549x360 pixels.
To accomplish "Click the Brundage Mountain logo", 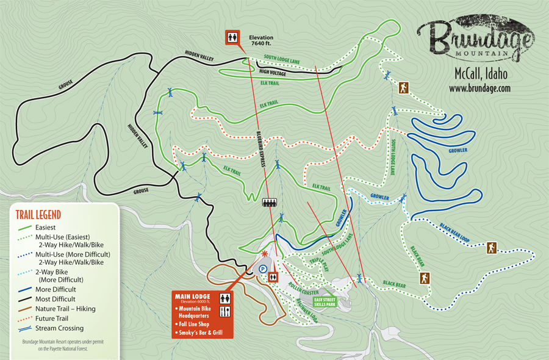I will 476,40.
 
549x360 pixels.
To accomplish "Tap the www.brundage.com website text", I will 479,88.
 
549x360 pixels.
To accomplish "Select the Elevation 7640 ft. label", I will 261,40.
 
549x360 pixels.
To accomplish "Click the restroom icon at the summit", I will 232,37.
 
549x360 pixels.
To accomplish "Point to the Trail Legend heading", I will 39,214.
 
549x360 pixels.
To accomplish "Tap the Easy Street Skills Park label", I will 325,301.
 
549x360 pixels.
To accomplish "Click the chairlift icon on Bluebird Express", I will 268,203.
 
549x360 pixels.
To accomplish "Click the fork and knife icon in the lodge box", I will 226,312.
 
